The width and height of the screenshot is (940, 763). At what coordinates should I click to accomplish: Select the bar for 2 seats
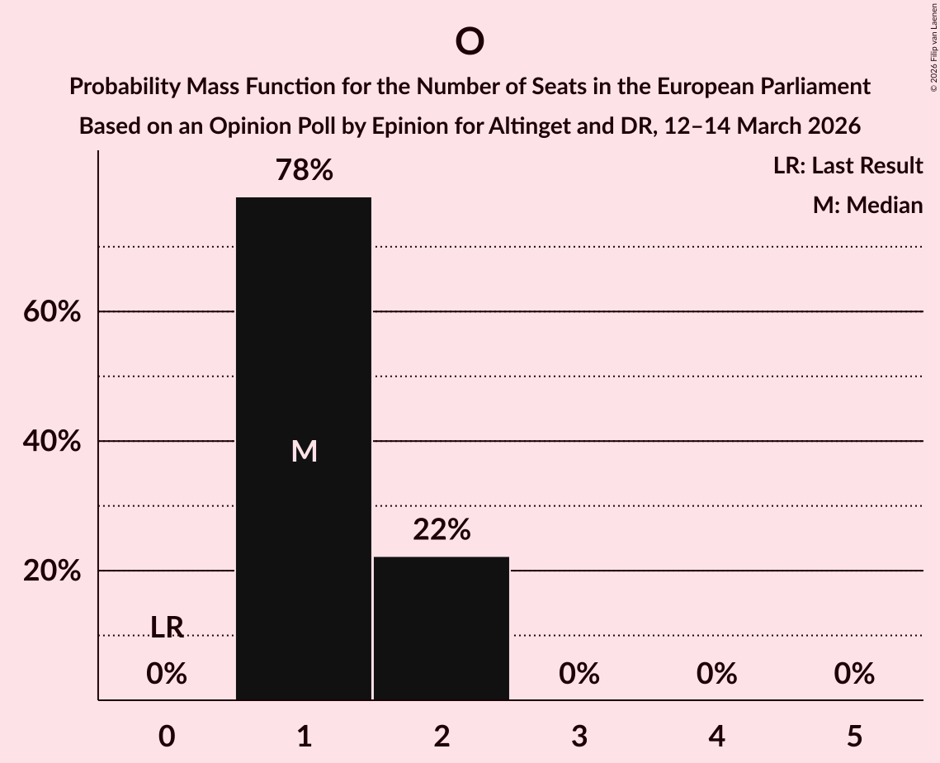(x=442, y=628)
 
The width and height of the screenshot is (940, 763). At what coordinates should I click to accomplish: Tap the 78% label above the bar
(x=304, y=171)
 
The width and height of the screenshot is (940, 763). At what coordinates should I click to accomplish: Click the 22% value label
(x=442, y=530)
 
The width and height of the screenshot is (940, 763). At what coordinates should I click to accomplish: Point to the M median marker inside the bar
(x=304, y=451)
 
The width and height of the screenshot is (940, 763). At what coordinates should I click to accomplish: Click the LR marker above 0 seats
(x=167, y=628)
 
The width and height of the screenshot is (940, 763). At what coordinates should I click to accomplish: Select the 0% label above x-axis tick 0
(x=167, y=674)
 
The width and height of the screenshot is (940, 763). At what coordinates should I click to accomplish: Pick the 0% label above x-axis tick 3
(x=579, y=674)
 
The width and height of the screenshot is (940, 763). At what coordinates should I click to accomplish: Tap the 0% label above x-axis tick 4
(x=716, y=674)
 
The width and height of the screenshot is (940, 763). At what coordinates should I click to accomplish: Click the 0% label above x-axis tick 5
(x=853, y=674)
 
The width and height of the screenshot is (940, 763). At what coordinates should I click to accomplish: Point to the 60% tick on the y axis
(x=51, y=312)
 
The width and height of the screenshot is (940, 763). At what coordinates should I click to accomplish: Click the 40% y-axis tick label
(x=51, y=442)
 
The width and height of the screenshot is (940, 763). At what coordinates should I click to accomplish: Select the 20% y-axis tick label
(x=51, y=571)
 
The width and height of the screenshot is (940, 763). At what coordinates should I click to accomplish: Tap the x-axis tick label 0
(x=167, y=736)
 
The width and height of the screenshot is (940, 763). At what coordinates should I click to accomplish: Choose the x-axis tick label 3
(x=579, y=736)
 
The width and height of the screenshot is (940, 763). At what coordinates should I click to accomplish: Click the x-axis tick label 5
(x=853, y=736)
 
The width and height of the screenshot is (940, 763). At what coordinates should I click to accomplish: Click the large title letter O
(x=469, y=41)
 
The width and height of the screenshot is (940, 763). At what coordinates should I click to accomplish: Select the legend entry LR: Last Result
(x=848, y=166)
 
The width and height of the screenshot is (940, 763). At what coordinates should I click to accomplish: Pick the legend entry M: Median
(x=867, y=205)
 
